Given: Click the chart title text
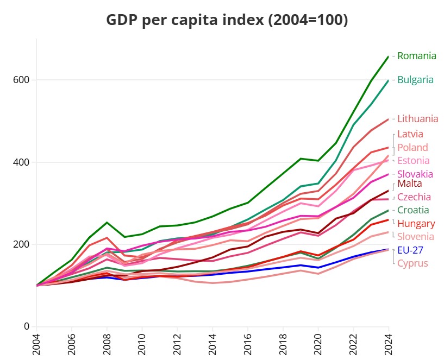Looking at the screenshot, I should coord(227,20).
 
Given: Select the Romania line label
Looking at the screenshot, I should coord(416,55).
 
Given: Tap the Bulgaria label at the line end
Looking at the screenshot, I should coord(415,80).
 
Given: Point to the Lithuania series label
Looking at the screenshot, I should coord(417,119).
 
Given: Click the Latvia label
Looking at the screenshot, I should coord(410,134).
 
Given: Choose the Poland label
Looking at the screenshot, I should coord(412,148).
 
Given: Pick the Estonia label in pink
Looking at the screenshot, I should coord(413,161).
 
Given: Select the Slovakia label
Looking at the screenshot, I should coord(415,174).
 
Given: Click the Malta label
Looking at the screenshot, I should coord(409,184).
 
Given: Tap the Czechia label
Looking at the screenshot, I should coord(414,197).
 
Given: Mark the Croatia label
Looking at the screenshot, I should coord(413,210).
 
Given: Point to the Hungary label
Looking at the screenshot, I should coord(416,224).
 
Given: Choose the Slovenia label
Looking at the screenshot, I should coord(416,237).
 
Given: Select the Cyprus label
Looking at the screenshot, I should coord(412,263).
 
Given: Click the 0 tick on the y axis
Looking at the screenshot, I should coord(26,326).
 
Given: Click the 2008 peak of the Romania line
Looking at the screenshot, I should coord(107,223).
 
